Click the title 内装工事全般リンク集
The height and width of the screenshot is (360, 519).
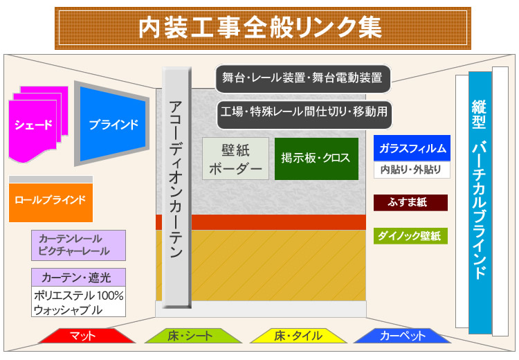[x=260, y=28]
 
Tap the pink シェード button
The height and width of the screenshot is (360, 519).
[x=33, y=125]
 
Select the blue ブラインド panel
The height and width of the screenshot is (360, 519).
[x=113, y=125]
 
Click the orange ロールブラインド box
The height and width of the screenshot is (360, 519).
[x=51, y=200]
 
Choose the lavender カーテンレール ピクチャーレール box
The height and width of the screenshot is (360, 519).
[x=78, y=244]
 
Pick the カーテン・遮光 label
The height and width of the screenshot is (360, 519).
[x=78, y=278]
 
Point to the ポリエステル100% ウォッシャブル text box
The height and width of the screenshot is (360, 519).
[x=78, y=303]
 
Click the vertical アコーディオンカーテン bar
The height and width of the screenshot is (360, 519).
[x=176, y=187]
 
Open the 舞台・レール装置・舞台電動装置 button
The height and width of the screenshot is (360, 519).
[x=302, y=78]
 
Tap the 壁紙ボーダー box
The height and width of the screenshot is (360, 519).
[x=235, y=159]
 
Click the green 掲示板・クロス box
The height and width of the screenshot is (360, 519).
[x=316, y=159]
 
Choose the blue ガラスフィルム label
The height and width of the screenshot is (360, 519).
[x=412, y=148]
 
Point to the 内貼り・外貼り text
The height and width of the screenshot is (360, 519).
[x=412, y=170]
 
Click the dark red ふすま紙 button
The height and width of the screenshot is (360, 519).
[x=410, y=203]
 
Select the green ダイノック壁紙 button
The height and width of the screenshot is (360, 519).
[x=410, y=236]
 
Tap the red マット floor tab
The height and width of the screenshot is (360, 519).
[x=86, y=336]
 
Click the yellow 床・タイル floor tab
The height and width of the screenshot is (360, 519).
[x=298, y=336]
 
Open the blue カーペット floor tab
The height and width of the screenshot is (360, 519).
[x=403, y=336]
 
